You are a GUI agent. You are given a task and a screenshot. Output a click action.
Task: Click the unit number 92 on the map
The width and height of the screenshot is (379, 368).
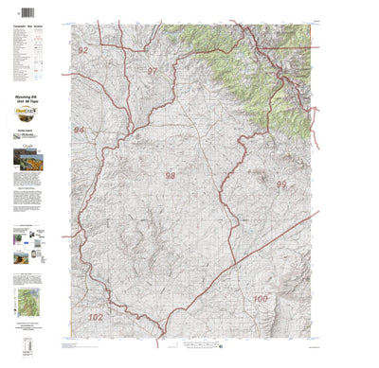coord(83,50)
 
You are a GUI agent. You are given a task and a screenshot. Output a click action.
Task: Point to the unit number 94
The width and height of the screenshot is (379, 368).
coord(80,130)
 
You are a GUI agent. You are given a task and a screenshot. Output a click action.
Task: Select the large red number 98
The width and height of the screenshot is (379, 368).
coord(171,176)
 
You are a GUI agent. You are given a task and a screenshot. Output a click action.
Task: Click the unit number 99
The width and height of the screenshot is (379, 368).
coord(280,185)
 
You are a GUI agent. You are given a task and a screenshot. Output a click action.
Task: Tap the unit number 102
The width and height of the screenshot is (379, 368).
coord(95,317)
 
